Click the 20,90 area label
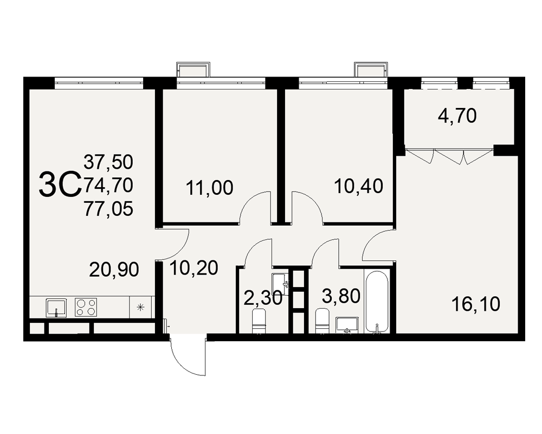pos(114,270)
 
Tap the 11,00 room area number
pos(209,188)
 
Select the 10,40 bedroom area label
pos(359,186)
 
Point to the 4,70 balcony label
pos(457,116)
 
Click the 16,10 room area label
pos(476,304)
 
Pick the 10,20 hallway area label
pos(194,268)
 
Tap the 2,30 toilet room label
pos(263,298)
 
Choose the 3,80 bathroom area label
pos(341,296)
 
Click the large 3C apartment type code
pos(60,186)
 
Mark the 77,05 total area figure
pos(108,209)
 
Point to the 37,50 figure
pos(108,162)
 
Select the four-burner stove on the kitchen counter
pos(86,307)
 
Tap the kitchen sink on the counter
pos(56,308)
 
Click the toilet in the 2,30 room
pos(259,321)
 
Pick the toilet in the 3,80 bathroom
pos(322,321)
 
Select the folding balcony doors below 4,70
pos(449,156)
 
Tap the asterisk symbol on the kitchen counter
pos(140,307)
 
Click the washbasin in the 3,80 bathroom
pos(347,325)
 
